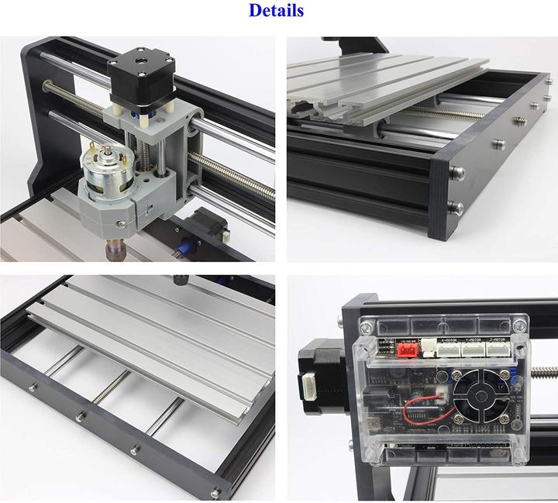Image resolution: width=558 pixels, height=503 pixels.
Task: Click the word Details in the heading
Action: (276, 11)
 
